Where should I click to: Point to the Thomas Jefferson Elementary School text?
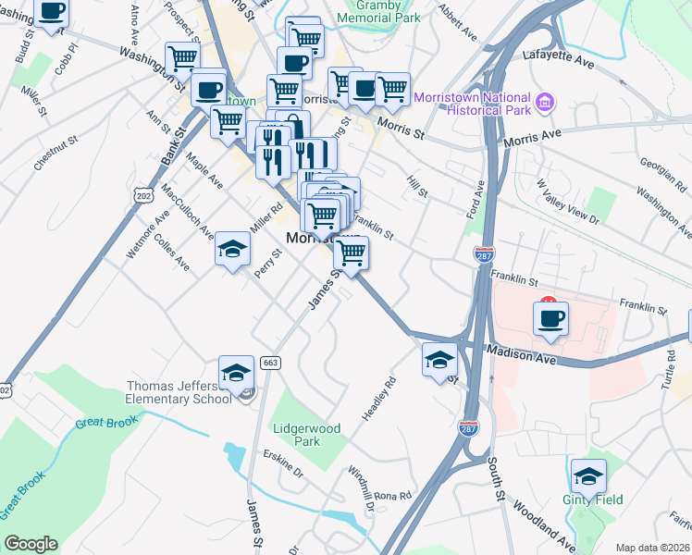click(x=179, y=392)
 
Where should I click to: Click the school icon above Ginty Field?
click(x=588, y=476)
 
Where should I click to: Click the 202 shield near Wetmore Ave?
click(x=142, y=196)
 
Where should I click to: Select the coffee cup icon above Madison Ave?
click(x=550, y=318)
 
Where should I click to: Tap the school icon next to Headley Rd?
click(x=439, y=360)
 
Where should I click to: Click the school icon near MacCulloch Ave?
click(x=232, y=249)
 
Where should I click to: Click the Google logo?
click(x=30, y=544)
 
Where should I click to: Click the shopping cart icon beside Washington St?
click(x=182, y=59)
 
